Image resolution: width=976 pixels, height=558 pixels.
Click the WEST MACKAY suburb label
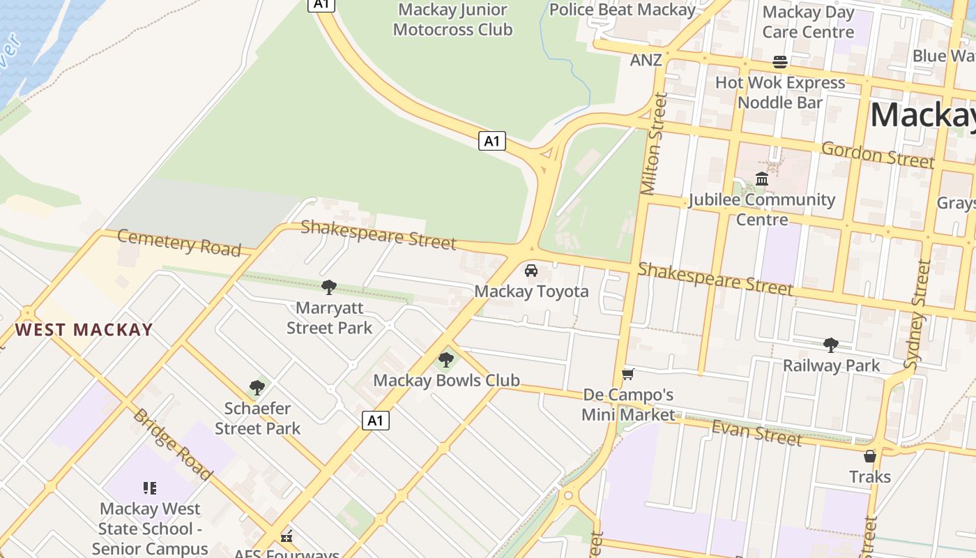(84, 330)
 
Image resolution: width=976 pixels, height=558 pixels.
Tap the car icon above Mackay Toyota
(531, 270)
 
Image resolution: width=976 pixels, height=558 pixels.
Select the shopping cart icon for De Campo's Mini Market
(627, 375)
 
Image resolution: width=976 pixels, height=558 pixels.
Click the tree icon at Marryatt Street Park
(329, 287)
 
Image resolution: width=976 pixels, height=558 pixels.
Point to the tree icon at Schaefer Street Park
(257, 387)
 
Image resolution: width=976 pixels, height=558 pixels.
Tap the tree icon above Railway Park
(830, 345)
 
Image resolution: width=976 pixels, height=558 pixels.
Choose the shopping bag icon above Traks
(869, 456)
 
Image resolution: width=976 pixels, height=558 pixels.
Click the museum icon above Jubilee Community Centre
(761, 179)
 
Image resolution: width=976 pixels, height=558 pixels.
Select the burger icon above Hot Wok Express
(780, 62)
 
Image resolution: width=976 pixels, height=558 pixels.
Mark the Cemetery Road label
(178, 243)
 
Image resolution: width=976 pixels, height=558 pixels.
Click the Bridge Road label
(172, 444)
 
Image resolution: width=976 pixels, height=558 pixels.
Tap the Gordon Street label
(877, 154)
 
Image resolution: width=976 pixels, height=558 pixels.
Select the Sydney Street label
(917, 314)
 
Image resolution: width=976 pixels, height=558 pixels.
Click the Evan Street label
(756, 432)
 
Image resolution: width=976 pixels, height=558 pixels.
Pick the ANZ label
(646, 60)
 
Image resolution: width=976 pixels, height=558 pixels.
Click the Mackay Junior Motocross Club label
(452, 20)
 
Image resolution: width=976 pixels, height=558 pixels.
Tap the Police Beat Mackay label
(622, 10)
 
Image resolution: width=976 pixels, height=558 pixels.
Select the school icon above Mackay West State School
(150, 488)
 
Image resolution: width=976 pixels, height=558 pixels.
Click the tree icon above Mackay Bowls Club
(446, 360)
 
